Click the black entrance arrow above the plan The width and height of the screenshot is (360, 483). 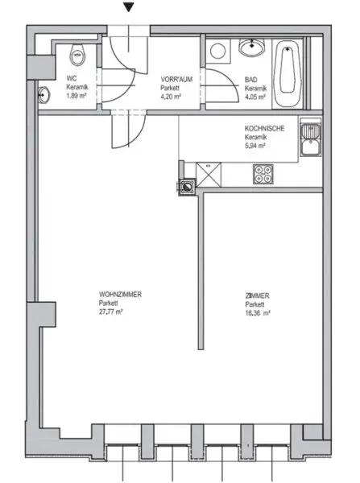pyautogui.click(x=127, y=8)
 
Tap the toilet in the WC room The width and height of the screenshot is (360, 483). pyautogui.click(x=77, y=56)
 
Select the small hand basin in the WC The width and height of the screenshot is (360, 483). pyautogui.click(x=43, y=95)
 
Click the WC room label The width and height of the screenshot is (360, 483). pyautogui.click(x=71, y=78)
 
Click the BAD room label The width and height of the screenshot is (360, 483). pyautogui.click(x=251, y=78)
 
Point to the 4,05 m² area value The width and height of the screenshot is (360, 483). pyautogui.click(x=255, y=94)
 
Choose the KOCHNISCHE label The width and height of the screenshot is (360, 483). pyautogui.click(x=264, y=129)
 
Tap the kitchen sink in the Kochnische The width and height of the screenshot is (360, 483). pyautogui.click(x=309, y=138)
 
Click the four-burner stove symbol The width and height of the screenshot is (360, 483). pyautogui.click(x=263, y=172)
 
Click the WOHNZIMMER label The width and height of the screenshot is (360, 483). pyautogui.click(x=120, y=295)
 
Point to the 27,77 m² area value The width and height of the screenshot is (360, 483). pyautogui.click(x=110, y=312)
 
